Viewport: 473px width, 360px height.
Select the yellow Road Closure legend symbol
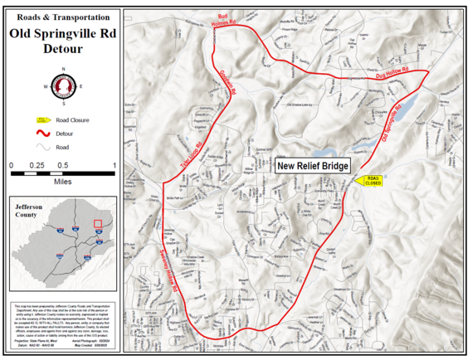[38, 120]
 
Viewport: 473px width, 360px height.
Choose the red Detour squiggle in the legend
[38, 133]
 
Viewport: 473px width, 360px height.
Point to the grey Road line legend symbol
[38, 146]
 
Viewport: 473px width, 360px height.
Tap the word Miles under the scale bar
[62, 178]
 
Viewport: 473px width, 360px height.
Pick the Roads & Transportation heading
[63, 16]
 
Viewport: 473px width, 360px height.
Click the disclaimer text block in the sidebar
[63, 319]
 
